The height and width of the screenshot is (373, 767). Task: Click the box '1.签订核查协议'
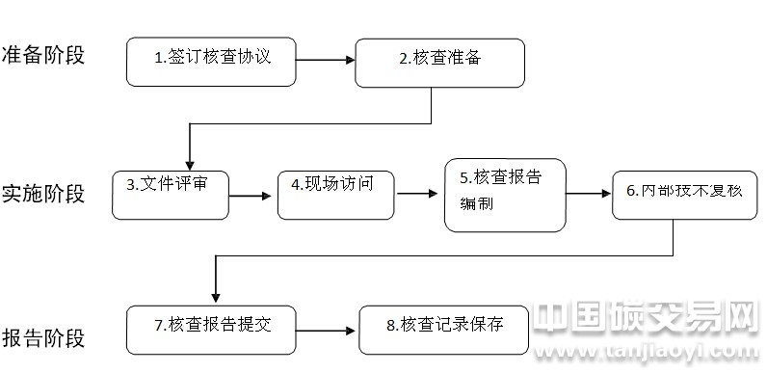tap(211, 62)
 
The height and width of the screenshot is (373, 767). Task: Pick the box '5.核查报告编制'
tap(505, 194)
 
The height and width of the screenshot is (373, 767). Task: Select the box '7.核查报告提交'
tap(211, 328)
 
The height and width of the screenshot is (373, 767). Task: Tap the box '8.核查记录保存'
tap(444, 330)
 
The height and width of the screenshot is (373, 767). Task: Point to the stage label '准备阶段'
tap(43, 54)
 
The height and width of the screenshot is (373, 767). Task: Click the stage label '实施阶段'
tap(43, 194)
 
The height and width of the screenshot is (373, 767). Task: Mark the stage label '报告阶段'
tap(43, 338)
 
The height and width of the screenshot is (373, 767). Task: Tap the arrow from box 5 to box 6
tap(589, 194)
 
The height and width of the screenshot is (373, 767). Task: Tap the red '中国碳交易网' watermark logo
tap(646, 318)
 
